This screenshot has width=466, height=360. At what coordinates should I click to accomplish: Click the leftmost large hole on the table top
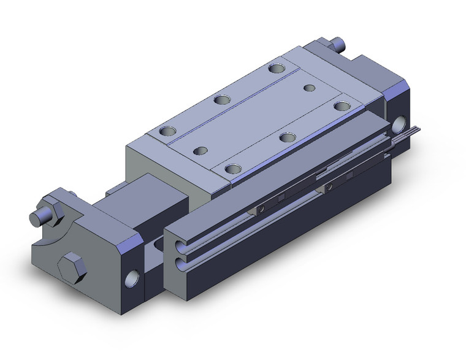pos(167,130)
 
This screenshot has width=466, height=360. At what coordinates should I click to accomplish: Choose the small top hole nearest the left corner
pos(201,149)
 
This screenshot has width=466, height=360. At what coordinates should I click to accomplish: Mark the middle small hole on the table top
pos(286,137)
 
